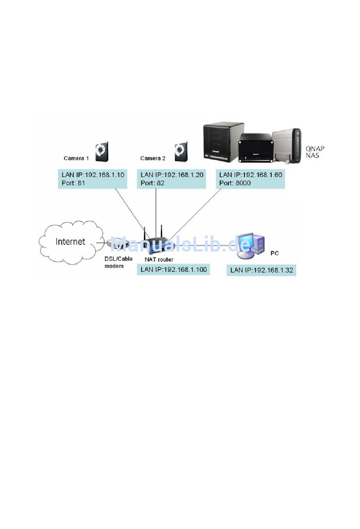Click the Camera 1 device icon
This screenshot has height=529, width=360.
102,151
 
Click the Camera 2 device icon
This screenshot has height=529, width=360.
181,151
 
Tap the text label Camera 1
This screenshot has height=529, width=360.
76,158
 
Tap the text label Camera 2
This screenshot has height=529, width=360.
153,158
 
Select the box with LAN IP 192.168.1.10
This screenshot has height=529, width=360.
93,179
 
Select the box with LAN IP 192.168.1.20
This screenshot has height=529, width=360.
171,179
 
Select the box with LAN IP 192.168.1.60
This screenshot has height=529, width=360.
250,179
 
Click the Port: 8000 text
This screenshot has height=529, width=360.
235,183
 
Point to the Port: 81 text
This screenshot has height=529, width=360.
73,183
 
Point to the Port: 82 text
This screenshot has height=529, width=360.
152,183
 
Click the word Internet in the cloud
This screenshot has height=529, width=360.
70,242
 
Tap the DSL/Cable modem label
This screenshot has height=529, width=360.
119,262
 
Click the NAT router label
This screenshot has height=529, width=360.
159,259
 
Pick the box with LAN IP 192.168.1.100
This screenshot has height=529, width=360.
173,270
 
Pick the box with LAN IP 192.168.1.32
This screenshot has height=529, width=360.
261,270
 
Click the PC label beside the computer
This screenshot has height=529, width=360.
275,253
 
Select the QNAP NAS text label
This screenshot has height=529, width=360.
315,152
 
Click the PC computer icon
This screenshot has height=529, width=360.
251,246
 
